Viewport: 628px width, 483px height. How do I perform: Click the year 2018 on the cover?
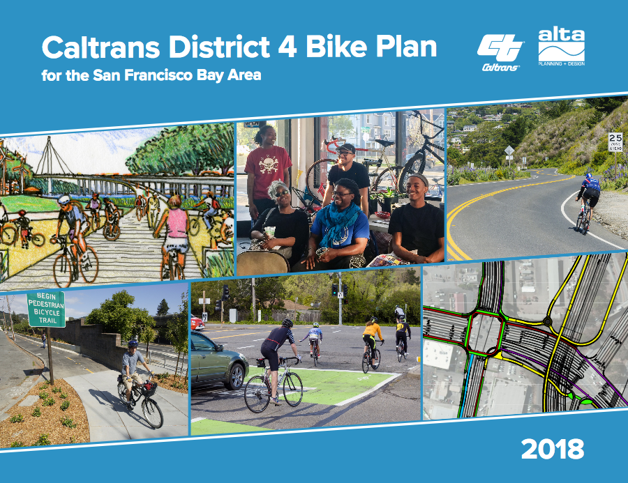point(552,450)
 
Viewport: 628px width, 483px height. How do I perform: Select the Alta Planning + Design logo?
point(561,47)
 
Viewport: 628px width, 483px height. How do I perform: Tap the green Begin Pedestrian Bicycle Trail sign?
point(46,309)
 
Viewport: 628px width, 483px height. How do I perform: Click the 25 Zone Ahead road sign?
point(615,141)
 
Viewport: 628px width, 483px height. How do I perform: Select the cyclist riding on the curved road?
point(588,199)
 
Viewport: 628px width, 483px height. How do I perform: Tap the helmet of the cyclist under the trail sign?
point(133,343)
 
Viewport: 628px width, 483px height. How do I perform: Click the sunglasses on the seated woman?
point(282,192)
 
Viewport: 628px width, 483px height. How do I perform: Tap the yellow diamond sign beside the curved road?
point(509,150)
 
